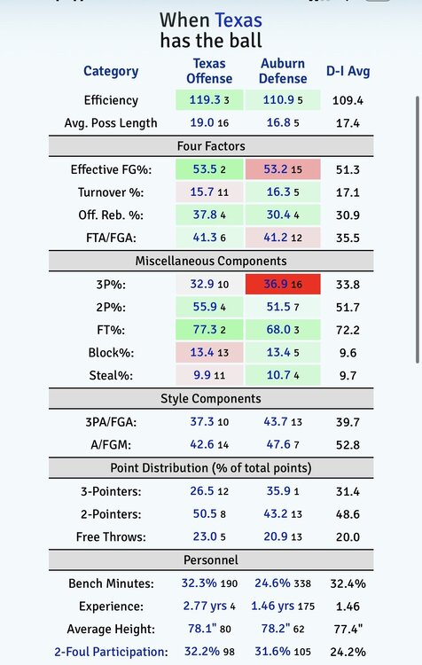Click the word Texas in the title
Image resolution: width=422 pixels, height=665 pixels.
[238, 20]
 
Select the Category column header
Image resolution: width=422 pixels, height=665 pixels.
[111, 71]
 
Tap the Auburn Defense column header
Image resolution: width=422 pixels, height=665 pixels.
[283, 71]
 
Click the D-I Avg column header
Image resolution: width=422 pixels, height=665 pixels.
[348, 71]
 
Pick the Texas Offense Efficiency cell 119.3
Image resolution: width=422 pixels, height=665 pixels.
[209, 99]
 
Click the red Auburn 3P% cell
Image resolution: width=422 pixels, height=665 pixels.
[283, 284]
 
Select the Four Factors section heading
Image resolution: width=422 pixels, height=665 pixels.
[211, 146]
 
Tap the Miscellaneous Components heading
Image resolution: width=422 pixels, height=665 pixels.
[211, 261]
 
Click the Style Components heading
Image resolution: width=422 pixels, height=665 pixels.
[211, 399]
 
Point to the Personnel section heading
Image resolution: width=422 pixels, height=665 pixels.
[211, 559]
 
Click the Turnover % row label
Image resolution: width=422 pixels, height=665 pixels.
[111, 192]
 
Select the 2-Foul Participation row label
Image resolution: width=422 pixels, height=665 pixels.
[111, 652]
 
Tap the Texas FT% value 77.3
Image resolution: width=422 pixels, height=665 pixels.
[205, 330]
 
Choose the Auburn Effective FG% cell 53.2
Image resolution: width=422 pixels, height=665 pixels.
[283, 169]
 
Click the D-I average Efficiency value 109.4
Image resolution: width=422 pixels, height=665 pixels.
[348, 100]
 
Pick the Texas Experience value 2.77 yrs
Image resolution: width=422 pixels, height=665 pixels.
[205, 606]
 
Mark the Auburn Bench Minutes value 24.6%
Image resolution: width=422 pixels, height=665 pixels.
[272, 583]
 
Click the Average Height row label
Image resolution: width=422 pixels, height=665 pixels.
[111, 629]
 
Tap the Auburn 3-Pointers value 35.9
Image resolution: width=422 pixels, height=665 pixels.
[278, 490]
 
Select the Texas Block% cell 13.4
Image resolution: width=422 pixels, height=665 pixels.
[209, 352]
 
